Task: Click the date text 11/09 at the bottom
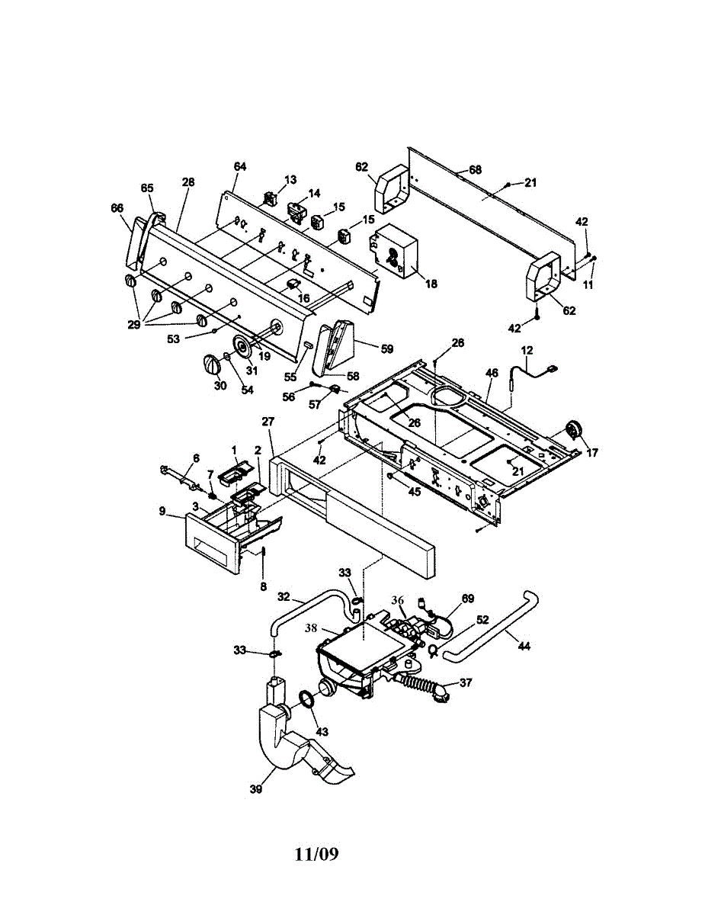[x=316, y=854]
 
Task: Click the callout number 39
[x=256, y=789]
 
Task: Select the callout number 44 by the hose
[x=524, y=646]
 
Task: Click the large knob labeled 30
[x=212, y=364]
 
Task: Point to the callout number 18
[x=431, y=284]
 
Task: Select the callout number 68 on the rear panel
[x=475, y=169]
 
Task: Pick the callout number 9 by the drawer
[x=162, y=512]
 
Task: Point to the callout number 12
[x=527, y=350]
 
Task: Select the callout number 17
[x=592, y=453]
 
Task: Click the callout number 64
[x=240, y=166]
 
